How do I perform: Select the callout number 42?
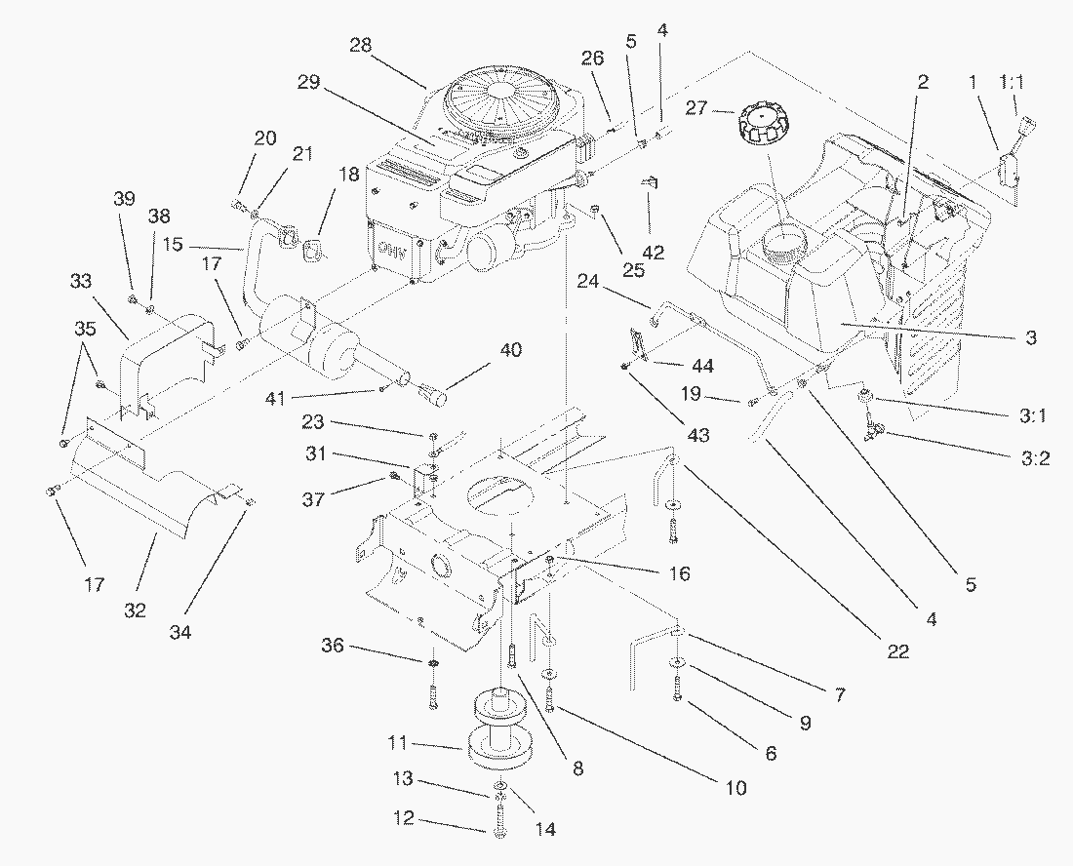coord(653,252)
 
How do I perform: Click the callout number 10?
coord(734,786)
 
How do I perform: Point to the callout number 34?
coord(179,633)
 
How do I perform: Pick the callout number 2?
coord(922,82)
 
